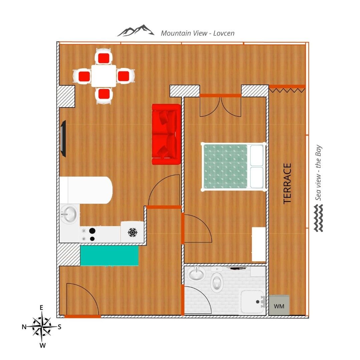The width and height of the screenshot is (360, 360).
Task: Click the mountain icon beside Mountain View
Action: tap(135, 31)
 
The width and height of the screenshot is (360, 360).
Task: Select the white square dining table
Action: tap(103, 76)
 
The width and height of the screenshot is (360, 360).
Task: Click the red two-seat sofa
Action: tap(166, 134)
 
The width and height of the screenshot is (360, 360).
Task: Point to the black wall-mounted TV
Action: tap(63, 139)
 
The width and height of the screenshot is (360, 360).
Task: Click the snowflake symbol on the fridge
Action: tap(132, 232)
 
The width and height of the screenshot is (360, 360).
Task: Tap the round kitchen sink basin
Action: tap(69, 214)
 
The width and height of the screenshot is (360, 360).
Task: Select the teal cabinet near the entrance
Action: tap(109, 256)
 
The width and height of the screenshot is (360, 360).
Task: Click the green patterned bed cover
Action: tap(225, 166)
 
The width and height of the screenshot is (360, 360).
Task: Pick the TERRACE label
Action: tap(287, 183)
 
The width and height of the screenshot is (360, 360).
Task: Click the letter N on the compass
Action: tap(24, 327)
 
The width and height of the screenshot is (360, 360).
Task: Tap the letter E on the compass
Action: tap(42, 308)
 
